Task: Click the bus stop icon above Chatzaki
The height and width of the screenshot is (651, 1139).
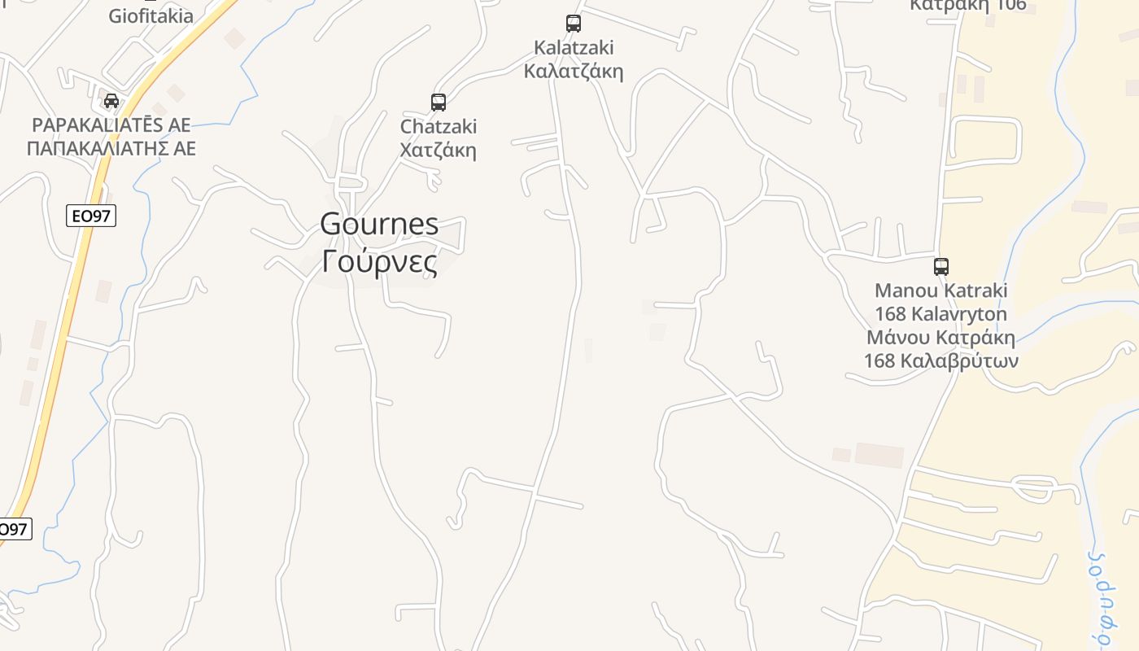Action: [439, 103]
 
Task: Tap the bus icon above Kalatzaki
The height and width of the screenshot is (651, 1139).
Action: [574, 24]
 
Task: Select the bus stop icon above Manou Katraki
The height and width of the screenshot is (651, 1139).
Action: [941, 266]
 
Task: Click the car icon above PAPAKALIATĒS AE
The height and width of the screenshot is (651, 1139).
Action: [111, 101]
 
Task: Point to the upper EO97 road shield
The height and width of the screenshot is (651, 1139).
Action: [91, 216]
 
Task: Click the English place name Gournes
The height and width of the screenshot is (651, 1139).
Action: [379, 224]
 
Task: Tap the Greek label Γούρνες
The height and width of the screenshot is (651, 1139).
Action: [379, 261]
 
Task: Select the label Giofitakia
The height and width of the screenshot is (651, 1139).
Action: [151, 15]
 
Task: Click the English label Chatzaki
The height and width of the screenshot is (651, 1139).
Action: [439, 127]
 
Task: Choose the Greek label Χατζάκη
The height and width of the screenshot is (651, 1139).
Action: [439, 151]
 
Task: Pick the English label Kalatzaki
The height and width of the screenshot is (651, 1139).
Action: [574, 47]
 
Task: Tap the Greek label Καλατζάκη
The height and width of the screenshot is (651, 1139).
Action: [574, 71]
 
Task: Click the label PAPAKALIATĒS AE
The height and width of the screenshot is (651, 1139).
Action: [111, 125]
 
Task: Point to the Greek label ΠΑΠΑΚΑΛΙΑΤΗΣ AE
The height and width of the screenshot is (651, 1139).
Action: [111, 149]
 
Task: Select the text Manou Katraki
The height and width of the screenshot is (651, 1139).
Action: [941, 291]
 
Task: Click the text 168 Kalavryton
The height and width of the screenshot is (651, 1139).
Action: [941, 314]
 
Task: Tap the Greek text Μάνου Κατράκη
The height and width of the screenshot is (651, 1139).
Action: [941, 338]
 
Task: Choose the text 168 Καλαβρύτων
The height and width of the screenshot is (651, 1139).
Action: [941, 360]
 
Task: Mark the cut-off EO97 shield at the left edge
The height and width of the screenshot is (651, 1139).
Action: [14, 529]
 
